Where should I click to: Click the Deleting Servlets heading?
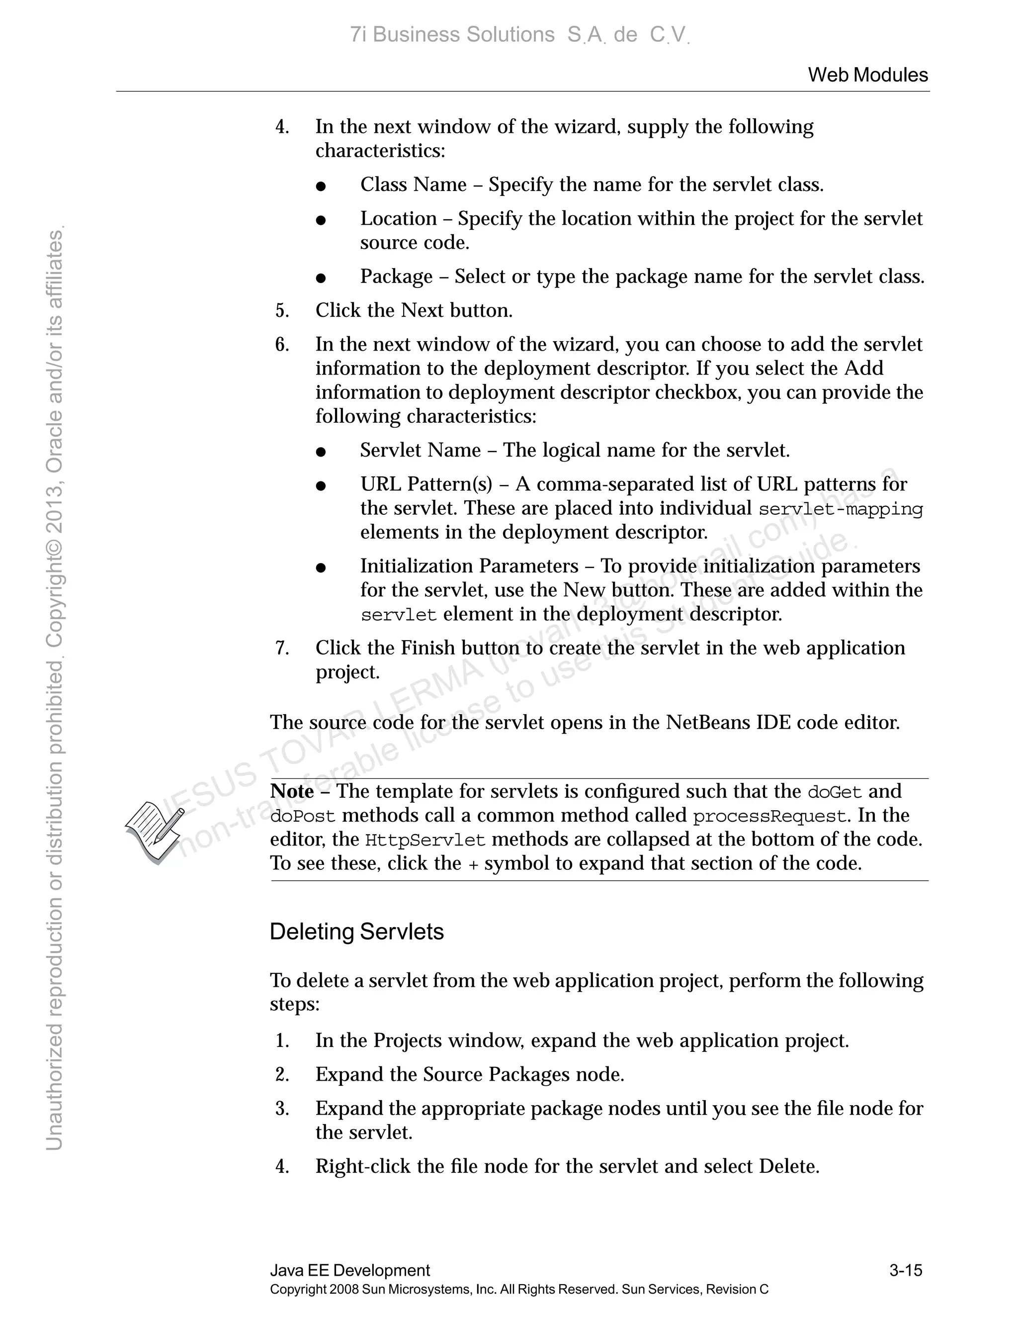click(x=356, y=932)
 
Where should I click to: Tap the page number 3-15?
click(x=905, y=1270)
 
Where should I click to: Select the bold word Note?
click(x=292, y=791)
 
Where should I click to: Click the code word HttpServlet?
click(x=425, y=841)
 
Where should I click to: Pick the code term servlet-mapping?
click(x=840, y=509)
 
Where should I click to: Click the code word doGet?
click(x=835, y=792)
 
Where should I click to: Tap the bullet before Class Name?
click(x=321, y=186)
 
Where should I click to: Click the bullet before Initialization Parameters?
click(x=321, y=567)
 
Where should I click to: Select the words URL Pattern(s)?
click(x=426, y=484)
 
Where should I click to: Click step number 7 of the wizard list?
click(x=282, y=648)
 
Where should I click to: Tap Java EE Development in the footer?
click(x=350, y=1270)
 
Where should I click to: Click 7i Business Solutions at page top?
click(x=452, y=35)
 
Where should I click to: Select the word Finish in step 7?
click(x=427, y=648)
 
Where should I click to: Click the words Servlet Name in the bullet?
click(x=421, y=450)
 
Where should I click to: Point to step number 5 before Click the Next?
click(x=282, y=311)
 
